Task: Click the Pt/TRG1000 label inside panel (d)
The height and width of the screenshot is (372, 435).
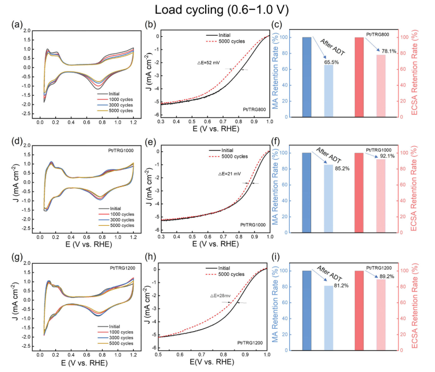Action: coord(119,153)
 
